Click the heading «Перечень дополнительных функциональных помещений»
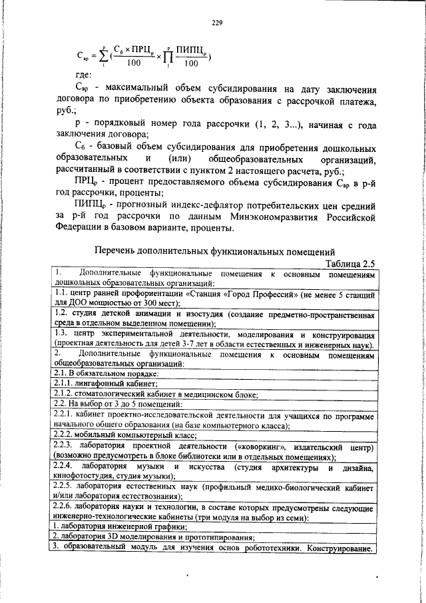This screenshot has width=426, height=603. coord(214,251)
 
